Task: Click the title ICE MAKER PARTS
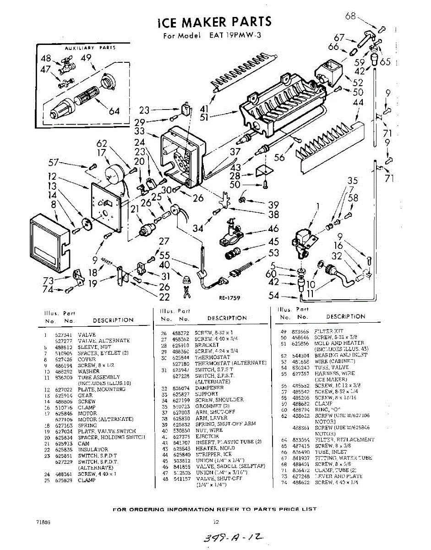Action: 214,22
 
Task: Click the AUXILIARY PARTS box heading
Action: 90,48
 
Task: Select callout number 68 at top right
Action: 350,16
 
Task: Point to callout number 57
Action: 54,162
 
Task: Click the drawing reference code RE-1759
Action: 229,297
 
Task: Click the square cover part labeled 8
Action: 48,242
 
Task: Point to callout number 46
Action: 273,229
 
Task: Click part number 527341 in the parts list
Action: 62,335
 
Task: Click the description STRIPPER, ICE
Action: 213,454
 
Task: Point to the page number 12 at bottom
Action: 217,521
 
